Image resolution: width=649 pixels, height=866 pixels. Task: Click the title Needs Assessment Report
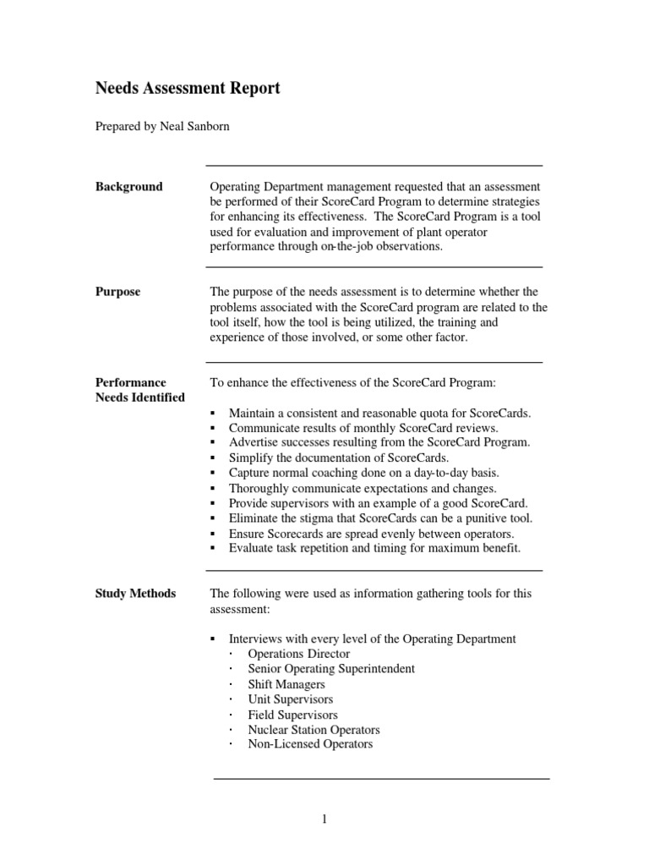pyautogui.click(x=187, y=88)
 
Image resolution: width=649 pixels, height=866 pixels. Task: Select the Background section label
pyautogui.click(x=128, y=187)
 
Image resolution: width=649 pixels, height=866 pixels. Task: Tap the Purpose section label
pyautogui.click(x=117, y=292)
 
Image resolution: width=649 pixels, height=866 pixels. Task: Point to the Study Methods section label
pyautogui.click(x=135, y=594)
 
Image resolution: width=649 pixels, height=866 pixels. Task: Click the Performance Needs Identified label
pyautogui.click(x=139, y=390)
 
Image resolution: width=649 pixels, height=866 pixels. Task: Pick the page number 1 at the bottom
pyautogui.click(x=324, y=819)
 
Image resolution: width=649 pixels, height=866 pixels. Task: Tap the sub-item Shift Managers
pyautogui.click(x=286, y=684)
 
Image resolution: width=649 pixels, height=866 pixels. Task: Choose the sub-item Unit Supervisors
pyautogui.click(x=290, y=699)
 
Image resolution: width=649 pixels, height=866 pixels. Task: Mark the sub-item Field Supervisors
pyautogui.click(x=292, y=715)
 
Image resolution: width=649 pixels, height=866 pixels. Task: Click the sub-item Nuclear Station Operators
pyautogui.click(x=314, y=730)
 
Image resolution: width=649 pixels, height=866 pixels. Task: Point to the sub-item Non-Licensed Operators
pyautogui.click(x=310, y=744)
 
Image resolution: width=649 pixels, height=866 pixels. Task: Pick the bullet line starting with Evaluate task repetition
pyautogui.click(x=374, y=548)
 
